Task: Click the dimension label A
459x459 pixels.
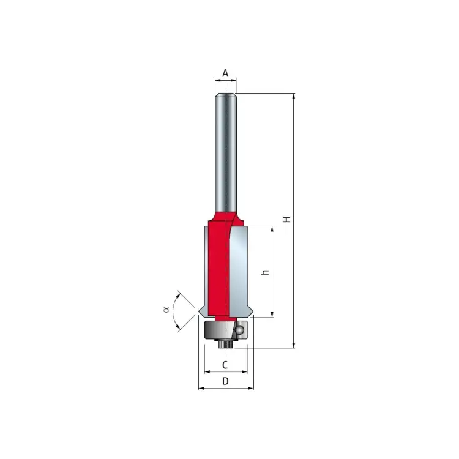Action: click(x=225, y=73)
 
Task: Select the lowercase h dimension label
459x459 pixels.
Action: click(x=265, y=272)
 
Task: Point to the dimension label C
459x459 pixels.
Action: click(x=225, y=365)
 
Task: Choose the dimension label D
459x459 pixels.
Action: click(x=225, y=381)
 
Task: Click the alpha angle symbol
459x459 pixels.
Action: click(x=166, y=309)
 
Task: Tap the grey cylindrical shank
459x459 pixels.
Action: click(x=226, y=152)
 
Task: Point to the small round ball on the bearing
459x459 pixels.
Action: click(x=239, y=330)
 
